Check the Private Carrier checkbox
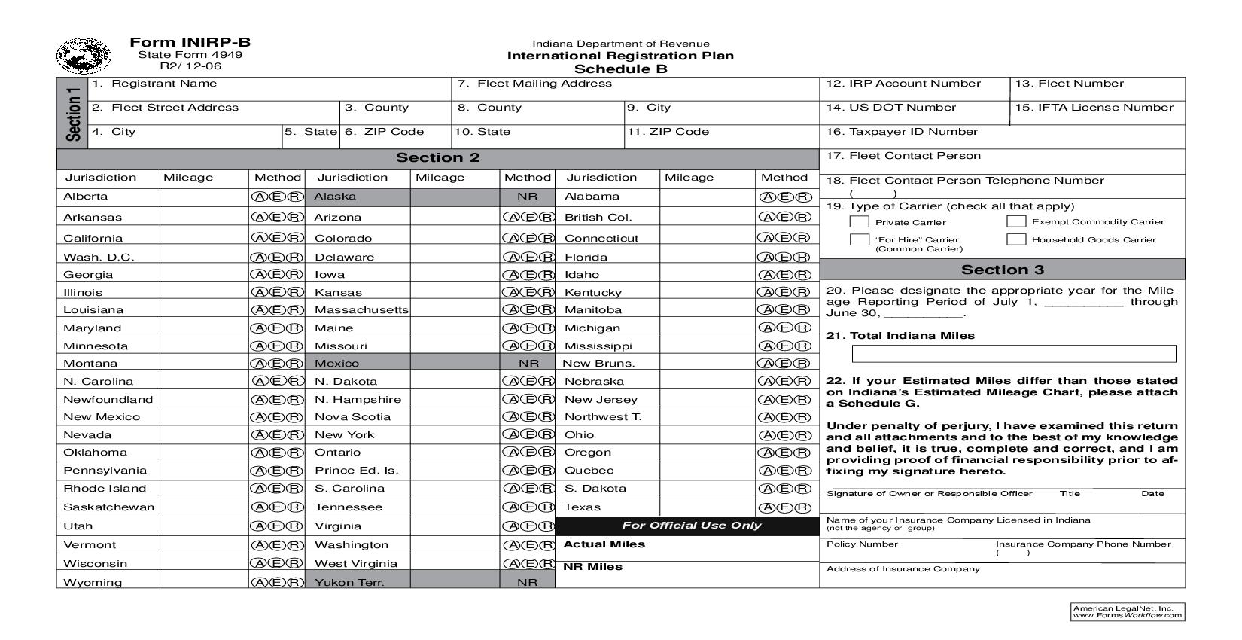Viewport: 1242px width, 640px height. (x=859, y=221)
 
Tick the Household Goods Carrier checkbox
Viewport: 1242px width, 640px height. (x=1016, y=239)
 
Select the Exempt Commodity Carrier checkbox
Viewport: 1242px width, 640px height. (x=1016, y=221)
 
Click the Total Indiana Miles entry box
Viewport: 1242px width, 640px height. (x=1013, y=354)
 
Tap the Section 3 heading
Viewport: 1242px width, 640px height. (x=1002, y=270)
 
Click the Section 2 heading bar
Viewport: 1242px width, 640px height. (x=437, y=158)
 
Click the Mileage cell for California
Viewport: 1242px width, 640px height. (x=204, y=238)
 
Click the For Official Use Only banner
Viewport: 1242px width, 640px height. (x=691, y=526)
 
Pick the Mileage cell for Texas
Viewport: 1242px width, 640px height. (x=707, y=507)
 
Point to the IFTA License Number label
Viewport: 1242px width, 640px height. (x=1094, y=108)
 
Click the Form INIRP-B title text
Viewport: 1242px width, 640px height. (x=190, y=43)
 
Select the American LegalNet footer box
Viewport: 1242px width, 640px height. (x=1127, y=611)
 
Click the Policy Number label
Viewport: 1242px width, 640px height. (x=862, y=544)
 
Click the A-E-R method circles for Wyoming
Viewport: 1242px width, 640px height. (x=277, y=582)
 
